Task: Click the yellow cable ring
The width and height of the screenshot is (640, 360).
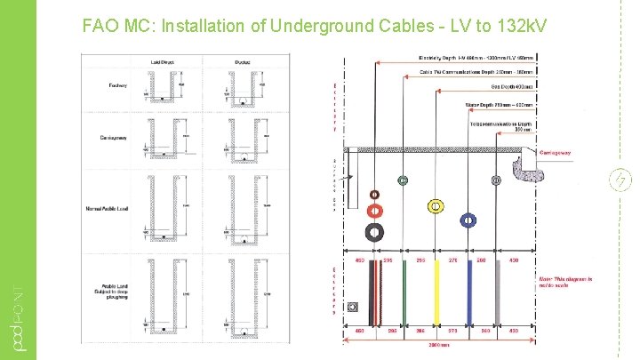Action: (x=436, y=206)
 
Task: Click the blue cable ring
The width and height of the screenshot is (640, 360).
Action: (x=467, y=220)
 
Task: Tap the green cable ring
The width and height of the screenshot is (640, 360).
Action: (x=404, y=180)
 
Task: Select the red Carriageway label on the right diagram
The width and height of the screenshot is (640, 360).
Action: (x=556, y=152)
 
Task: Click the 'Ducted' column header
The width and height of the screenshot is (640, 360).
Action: (x=241, y=60)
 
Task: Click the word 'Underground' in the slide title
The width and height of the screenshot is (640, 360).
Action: (x=331, y=26)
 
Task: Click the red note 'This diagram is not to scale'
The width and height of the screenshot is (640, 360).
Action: (x=565, y=283)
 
